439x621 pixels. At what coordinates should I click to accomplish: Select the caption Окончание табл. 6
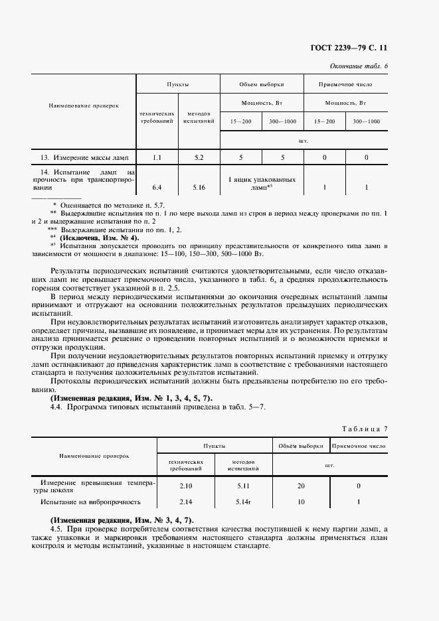point(359,65)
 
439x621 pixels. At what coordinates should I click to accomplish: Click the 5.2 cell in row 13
point(198,157)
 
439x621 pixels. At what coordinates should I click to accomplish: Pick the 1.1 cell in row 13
point(157,157)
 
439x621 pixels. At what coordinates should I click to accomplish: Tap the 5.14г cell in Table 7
point(243,502)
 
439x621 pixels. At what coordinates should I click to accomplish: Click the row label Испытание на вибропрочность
point(88,502)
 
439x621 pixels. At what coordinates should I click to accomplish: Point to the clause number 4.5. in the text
point(58,527)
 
